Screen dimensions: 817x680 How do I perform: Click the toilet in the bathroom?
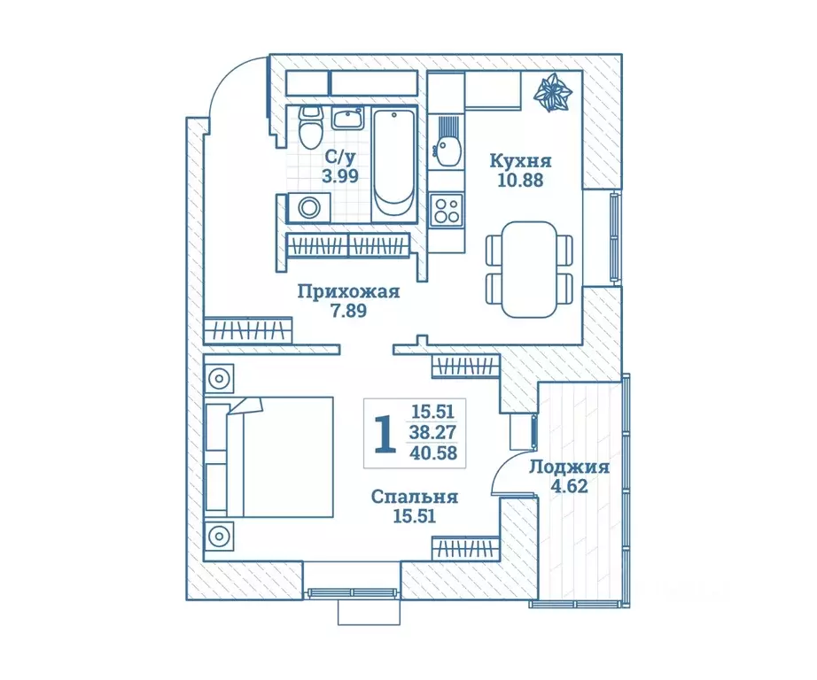(310, 127)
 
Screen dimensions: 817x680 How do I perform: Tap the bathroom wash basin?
(347, 120)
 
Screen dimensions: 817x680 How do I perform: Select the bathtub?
(394, 164)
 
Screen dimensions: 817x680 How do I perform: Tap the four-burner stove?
(447, 209)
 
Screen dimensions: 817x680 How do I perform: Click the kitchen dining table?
(529, 269)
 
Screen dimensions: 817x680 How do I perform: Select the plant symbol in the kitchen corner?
(553, 93)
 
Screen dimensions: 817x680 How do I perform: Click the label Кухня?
(520, 161)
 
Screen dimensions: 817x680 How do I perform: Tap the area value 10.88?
(520, 180)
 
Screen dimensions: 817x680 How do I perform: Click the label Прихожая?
(348, 291)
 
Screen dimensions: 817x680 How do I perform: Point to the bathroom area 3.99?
(340, 176)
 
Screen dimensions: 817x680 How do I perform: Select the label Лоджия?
(570, 467)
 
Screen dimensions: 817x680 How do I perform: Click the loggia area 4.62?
(569, 486)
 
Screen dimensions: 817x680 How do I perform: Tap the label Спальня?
(415, 497)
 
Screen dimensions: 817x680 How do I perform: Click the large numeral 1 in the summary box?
(385, 434)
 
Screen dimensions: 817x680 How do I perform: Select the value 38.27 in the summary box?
(433, 432)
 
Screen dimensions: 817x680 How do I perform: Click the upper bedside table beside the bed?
(220, 378)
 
